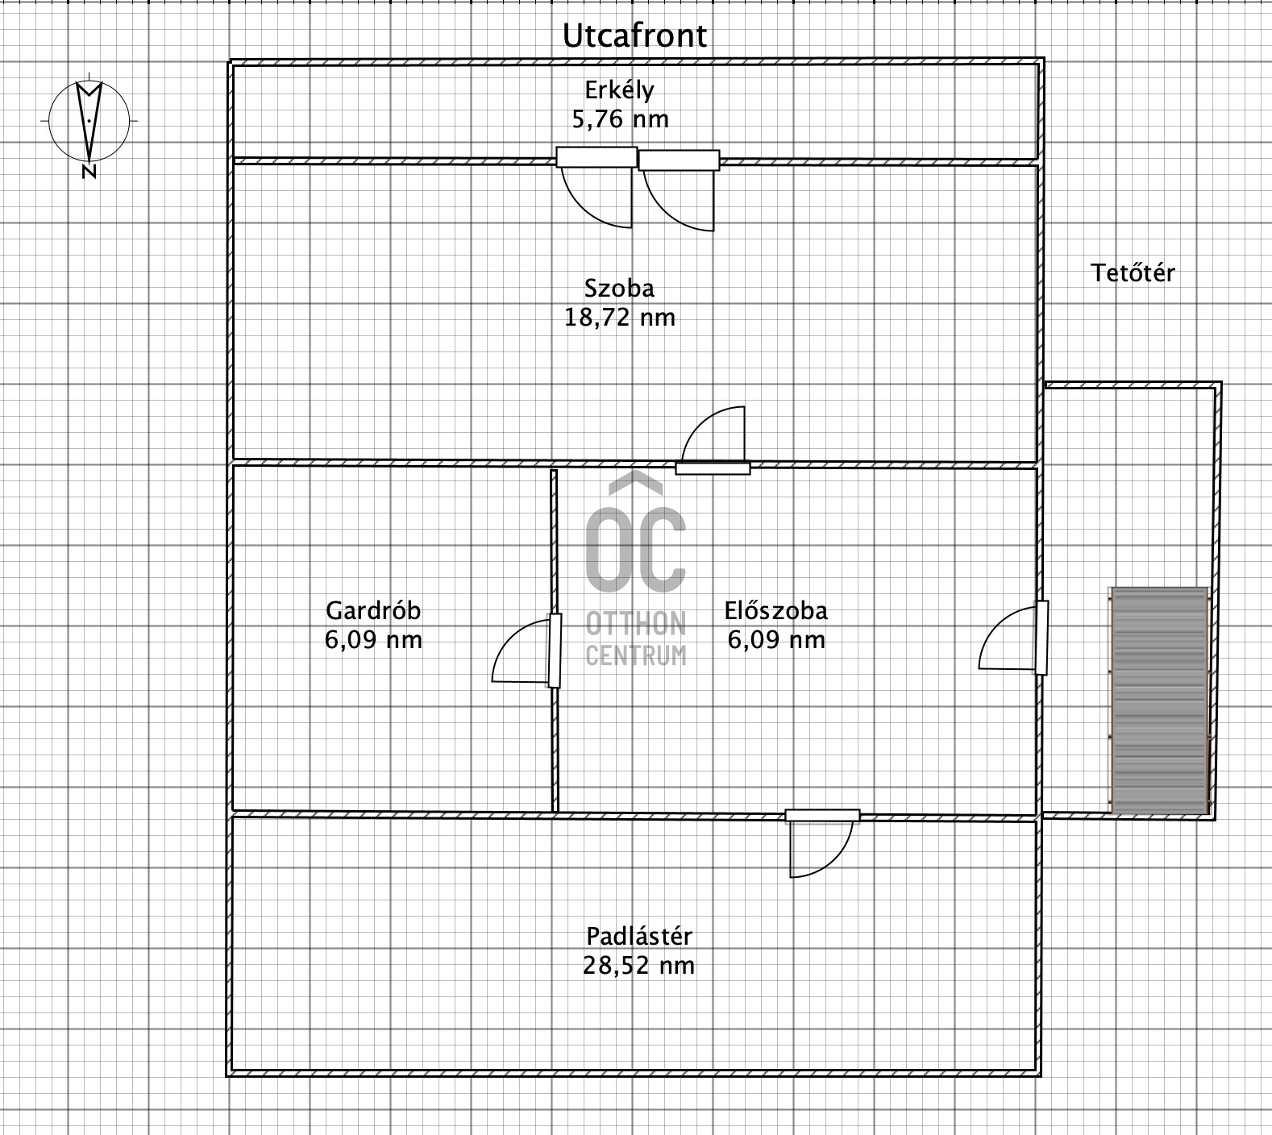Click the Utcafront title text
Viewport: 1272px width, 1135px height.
[634, 36]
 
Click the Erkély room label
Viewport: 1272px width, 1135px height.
[619, 89]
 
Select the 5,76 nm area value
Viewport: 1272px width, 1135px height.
[620, 119]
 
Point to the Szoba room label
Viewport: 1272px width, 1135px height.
[619, 288]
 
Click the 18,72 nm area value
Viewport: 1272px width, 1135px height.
[619, 317]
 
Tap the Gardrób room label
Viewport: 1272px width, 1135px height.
[373, 610]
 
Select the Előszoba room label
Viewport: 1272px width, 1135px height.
[775, 610]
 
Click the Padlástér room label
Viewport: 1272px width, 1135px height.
[639, 936]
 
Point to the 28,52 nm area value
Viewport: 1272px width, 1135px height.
[638, 965]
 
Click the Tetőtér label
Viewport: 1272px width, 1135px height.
[1133, 273]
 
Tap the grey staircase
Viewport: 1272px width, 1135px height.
[1159, 701]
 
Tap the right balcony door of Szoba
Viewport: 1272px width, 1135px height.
[679, 191]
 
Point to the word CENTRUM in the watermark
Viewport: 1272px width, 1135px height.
[636, 655]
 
